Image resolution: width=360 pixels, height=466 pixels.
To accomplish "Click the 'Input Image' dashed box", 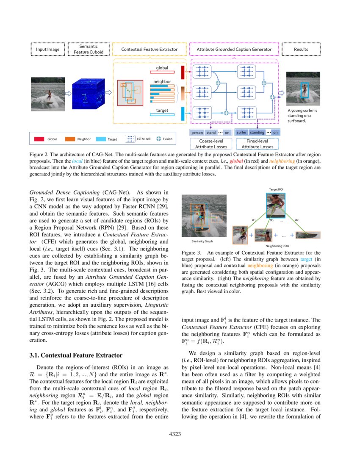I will (47, 50).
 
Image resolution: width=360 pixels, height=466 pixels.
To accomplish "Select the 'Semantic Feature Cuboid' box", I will (89, 49).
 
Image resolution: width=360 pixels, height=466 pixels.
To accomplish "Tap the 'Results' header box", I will (301, 50).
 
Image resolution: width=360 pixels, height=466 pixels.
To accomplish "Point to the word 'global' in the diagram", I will (162, 68).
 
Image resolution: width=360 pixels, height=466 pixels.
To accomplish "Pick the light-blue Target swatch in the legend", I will (100, 139).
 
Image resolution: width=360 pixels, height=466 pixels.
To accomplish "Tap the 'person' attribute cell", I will (197, 133).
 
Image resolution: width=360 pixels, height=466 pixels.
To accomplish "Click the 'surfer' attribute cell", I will (241, 133).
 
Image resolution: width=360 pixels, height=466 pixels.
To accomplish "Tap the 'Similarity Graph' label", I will (202, 241).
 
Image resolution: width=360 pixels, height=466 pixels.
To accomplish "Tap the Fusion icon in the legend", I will (159, 139).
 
